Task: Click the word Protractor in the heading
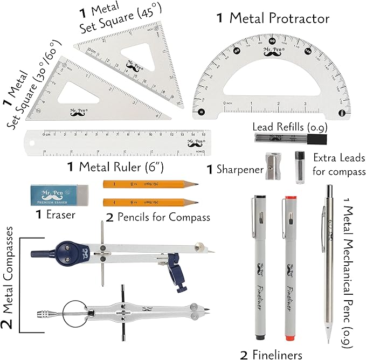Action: pyautogui.click(x=279, y=19)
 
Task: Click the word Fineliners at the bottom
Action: pyautogui.click(x=278, y=354)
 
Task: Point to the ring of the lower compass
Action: pyautogui.click(x=74, y=314)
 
